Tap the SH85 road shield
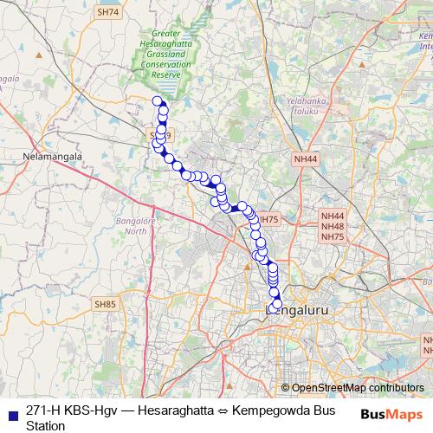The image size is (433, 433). (x=105, y=304)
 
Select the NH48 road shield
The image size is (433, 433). (x=333, y=226)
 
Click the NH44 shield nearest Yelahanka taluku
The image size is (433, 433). (x=305, y=159)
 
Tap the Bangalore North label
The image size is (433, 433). (x=132, y=226)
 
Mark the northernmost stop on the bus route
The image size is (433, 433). (x=158, y=101)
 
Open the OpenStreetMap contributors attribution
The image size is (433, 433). (x=357, y=388)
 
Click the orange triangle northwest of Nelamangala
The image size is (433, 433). (x=38, y=55)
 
